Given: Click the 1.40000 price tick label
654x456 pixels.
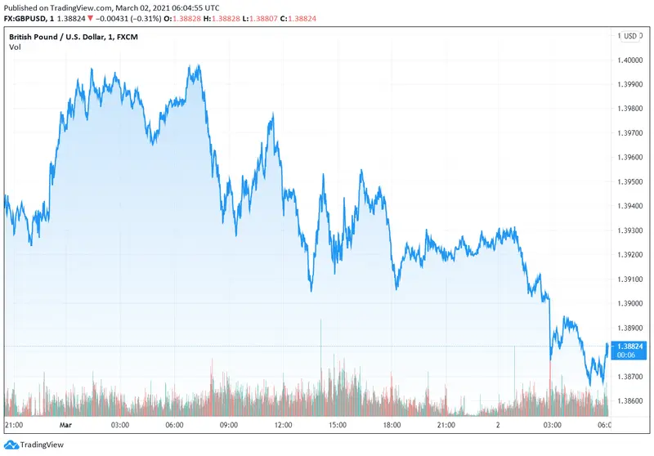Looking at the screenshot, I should [x=632, y=60].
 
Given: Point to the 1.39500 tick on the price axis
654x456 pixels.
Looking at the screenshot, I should [x=632, y=181].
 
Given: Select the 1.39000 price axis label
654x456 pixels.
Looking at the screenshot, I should [x=632, y=303].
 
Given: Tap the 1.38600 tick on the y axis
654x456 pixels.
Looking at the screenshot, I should [x=632, y=400].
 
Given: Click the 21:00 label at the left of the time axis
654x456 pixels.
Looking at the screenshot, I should [x=14, y=425].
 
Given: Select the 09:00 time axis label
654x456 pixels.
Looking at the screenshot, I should [x=228, y=425].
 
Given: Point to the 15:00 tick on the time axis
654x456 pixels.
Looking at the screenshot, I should [x=337, y=425].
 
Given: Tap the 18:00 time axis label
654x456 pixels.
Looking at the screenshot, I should [x=392, y=425].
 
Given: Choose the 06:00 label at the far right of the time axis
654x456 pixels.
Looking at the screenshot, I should [x=605, y=425].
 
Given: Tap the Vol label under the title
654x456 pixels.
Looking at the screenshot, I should [x=16, y=47].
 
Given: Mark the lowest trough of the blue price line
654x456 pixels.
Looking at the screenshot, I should [x=590, y=384].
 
